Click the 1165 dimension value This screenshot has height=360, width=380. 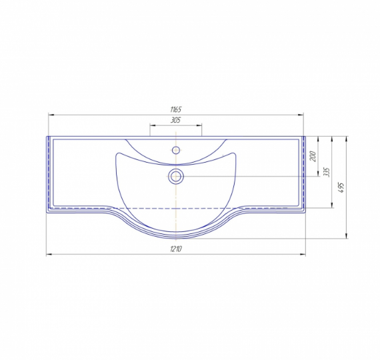point(176,109)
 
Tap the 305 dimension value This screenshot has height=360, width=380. point(176,120)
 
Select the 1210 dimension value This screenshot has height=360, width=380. point(176,249)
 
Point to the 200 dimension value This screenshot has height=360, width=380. point(313,157)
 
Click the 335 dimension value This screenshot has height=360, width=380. point(327,172)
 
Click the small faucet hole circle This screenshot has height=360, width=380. point(176,150)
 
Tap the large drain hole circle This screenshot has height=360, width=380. point(176,176)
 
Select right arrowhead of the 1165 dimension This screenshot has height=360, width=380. point(301,115)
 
